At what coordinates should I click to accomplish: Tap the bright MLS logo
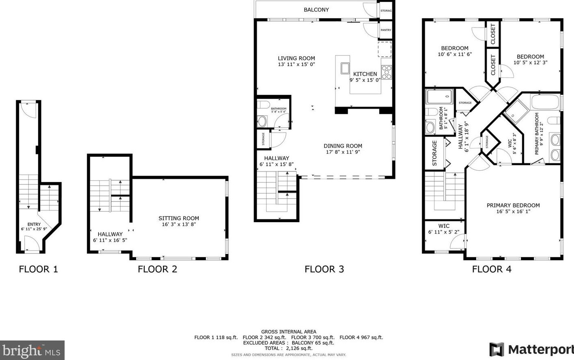(32, 350)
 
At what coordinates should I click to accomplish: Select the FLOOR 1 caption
(39, 269)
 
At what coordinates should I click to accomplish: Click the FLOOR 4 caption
(492, 269)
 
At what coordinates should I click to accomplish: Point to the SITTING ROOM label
(178, 218)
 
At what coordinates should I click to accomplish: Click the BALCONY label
(316, 10)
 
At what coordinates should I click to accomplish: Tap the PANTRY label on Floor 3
(386, 30)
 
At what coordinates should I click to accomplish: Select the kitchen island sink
(345, 68)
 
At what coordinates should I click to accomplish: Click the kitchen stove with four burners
(386, 72)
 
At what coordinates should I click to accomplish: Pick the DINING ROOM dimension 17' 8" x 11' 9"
(343, 152)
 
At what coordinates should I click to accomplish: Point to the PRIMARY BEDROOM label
(513, 206)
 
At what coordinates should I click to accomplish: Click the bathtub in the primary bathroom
(545, 102)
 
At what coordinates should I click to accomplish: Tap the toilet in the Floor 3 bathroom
(263, 105)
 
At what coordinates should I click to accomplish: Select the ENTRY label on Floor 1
(34, 224)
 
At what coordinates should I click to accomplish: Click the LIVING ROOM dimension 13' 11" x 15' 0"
(296, 64)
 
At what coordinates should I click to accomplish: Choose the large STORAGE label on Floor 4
(434, 153)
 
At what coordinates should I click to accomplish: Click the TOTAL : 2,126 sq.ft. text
(288, 348)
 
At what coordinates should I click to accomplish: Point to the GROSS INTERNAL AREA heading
(288, 332)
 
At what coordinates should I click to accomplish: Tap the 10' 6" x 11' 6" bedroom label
(455, 54)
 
